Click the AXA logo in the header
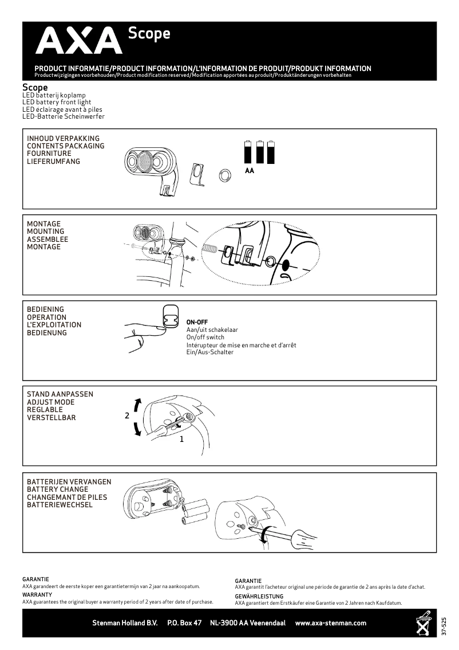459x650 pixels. click(79, 42)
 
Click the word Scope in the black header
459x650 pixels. click(149, 34)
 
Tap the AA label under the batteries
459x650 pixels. click(249, 171)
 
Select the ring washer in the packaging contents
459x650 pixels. click(224, 175)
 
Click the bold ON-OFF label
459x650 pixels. click(197, 322)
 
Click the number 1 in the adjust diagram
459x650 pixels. click(181, 440)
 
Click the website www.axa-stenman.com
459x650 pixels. click(330, 623)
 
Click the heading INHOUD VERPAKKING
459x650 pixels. click(63, 139)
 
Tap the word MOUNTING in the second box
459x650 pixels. click(45, 232)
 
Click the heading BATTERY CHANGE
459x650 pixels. click(57, 490)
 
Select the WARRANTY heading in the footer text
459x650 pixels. click(37, 595)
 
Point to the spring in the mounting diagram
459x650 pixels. click(211, 248)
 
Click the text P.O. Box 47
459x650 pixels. click(184, 623)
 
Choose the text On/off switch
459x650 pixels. click(205, 338)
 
